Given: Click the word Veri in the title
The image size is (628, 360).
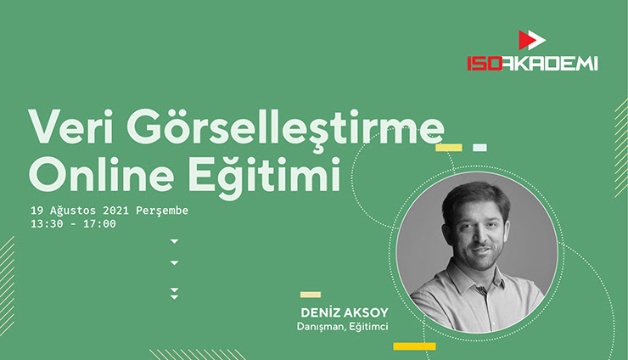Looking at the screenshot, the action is [x=70, y=127].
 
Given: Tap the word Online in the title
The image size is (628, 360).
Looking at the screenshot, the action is [x=101, y=175].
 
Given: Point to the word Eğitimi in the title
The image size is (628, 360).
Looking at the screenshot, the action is [x=264, y=177].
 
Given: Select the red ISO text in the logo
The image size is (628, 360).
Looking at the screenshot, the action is [x=485, y=64].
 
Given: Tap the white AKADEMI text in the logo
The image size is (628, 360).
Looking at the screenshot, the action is [x=550, y=64].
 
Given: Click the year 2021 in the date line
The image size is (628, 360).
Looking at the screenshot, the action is [x=115, y=211].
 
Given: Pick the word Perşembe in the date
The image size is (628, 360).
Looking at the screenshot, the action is [x=162, y=211].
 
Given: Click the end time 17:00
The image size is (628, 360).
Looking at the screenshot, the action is [x=99, y=223].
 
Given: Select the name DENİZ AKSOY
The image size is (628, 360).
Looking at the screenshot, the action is [x=344, y=312].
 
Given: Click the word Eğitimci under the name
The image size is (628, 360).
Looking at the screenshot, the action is [x=368, y=327].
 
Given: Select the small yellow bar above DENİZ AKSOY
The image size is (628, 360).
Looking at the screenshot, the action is [x=311, y=295].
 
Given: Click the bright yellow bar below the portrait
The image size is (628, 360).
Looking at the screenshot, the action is [x=414, y=346].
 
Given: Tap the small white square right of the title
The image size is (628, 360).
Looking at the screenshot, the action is [x=479, y=148].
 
